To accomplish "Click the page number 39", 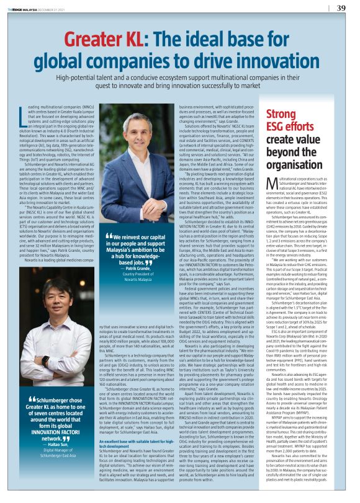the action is pyautogui.click(x=341, y=8).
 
